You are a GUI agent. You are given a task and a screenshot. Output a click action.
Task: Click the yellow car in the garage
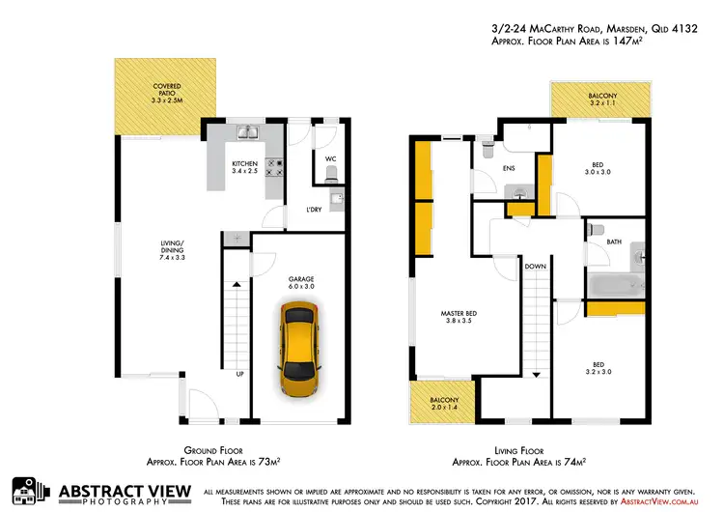coord(300,348)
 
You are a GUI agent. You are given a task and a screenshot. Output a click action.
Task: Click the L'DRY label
coord(314,210)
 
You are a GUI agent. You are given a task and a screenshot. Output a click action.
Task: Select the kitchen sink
coord(246,131)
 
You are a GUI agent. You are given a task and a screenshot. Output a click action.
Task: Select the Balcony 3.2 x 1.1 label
coord(599,100)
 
